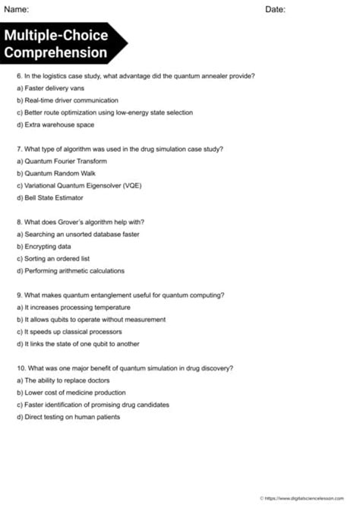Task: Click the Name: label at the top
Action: (x=17, y=9)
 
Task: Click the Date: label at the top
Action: (x=276, y=9)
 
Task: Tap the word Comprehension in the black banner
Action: (x=55, y=52)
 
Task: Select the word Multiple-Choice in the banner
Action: (x=55, y=36)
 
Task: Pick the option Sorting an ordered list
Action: (x=52, y=258)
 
